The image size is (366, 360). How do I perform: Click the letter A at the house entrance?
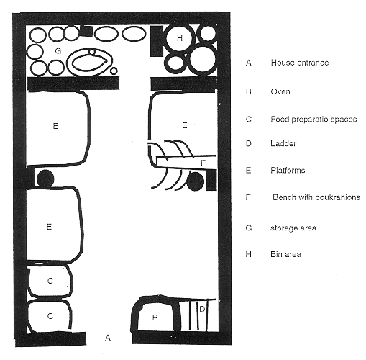pyautogui.click(x=108, y=338)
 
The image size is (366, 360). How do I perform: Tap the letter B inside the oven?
pyautogui.click(x=155, y=318)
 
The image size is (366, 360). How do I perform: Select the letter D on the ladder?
pyautogui.click(x=202, y=309)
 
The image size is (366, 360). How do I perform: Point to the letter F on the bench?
pyautogui.click(x=203, y=163)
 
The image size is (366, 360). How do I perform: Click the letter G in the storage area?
pyautogui.click(x=58, y=51)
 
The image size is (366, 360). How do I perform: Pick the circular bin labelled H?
pyautogui.click(x=180, y=38)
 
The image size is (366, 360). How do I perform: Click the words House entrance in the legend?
pyautogui.click(x=300, y=63)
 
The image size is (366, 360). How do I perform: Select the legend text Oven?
pyautogui.click(x=280, y=91)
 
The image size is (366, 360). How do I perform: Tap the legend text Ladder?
pyautogui.click(x=283, y=143)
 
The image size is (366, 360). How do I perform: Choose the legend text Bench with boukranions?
pyautogui.click(x=316, y=197)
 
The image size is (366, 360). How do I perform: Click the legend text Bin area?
pyautogui.click(x=285, y=254)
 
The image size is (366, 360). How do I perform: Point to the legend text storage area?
pyautogui.click(x=293, y=228)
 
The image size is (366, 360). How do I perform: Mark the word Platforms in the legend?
pyautogui.click(x=288, y=171)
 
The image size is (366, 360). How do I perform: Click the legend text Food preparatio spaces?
pyautogui.click(x=314, y=120)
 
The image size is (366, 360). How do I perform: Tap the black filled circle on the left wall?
pyautogui.click(x=45, y=179)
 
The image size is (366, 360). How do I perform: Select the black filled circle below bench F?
pyautogui.click(x=196, y=181)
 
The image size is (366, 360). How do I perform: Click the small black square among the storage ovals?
pyautogui.click(x=86, y=31)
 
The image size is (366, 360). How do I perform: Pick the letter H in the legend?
pyautogui.click(x=249, y=254)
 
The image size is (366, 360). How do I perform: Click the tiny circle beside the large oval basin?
pyautogui.click(x=114, y=71)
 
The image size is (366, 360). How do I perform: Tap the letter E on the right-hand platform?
pyautogui.click(x=185, y=125)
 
